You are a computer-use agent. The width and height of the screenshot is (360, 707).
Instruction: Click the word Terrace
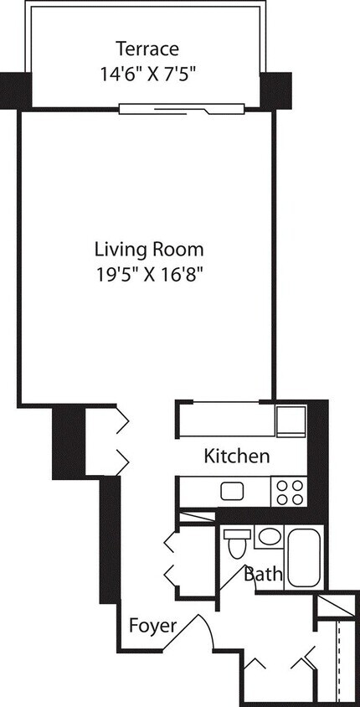click(x=147, y=48)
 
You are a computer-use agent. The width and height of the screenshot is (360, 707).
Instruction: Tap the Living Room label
click(x=149, y=249)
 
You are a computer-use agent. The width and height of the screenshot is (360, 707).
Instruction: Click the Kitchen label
click(x=237, y=457)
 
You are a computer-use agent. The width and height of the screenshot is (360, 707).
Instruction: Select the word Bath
click(x=261, y=575)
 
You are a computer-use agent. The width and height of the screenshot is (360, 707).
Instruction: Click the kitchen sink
click(x=231, y=491)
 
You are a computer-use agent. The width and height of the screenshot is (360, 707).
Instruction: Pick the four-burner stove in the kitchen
click(x=289, y=491)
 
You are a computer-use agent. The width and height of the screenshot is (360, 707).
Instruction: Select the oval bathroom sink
click(x=269, y=537)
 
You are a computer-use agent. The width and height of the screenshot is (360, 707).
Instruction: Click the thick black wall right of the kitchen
click(x=318, y=457)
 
